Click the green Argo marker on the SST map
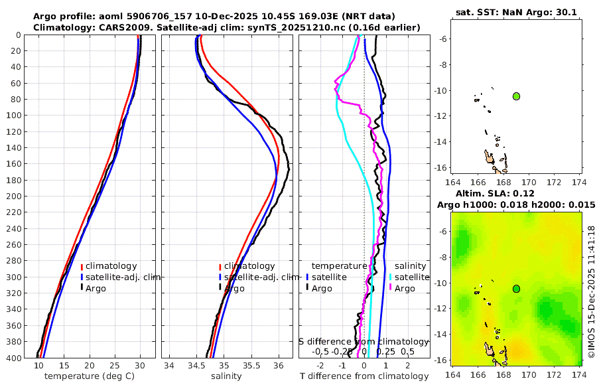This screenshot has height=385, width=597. (517, 96)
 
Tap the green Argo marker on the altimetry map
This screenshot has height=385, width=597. (517, 288)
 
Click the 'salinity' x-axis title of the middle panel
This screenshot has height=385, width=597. (226, 376)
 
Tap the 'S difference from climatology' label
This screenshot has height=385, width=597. (364, 341)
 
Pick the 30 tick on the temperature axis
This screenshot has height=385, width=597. (140, 366)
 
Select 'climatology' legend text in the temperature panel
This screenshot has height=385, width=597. (111, 266)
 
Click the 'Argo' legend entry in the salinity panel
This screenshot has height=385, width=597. (233, 288)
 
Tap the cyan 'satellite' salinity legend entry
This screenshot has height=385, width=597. (412, 277)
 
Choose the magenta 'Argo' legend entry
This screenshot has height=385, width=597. (405, 288)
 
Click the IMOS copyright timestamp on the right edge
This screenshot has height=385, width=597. (590, 292)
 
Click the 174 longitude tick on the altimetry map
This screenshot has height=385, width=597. (579, 374)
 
